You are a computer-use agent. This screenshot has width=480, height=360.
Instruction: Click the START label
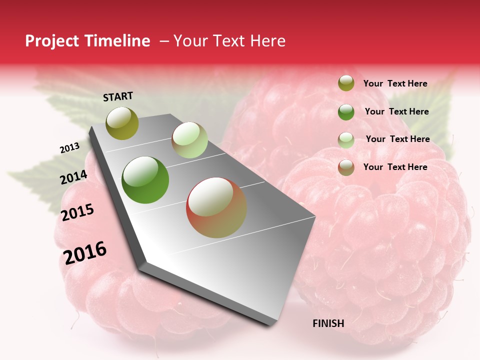click(118, 96)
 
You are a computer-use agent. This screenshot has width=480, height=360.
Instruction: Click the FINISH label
click(328, 323)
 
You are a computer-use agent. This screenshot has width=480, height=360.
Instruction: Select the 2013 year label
click(70, 148)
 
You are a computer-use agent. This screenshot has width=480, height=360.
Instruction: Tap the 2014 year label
click(74, 177)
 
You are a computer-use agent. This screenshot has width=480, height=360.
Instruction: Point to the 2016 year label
click(85, 252)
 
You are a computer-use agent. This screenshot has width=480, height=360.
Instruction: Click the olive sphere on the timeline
click(122, 123)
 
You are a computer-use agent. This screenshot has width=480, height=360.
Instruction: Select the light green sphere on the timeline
click(189, 140)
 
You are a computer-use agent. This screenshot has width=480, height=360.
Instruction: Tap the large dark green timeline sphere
click(145, 180)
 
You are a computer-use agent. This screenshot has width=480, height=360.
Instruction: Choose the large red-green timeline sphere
click(216, 207)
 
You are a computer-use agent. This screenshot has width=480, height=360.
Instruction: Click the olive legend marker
click(346, 83)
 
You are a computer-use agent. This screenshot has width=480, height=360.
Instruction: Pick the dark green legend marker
click(346, 112)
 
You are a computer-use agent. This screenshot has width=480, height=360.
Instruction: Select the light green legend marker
click(346, 140)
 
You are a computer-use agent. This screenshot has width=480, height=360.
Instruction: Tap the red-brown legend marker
click(346, 167)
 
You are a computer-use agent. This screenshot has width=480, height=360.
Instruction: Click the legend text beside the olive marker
click(395, 84)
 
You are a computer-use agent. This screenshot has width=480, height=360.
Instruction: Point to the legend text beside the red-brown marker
click(395, 167)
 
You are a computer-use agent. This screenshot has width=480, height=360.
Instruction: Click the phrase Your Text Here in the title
click(229, 41)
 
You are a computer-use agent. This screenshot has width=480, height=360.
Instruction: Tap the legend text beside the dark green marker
click(396, 111)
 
